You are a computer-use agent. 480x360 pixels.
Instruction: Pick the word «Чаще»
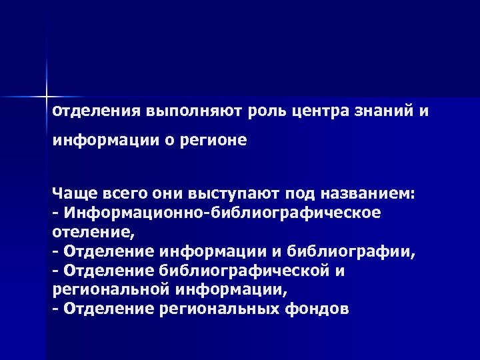click(74, 193)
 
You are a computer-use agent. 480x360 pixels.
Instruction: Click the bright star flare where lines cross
click(47, 94)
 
